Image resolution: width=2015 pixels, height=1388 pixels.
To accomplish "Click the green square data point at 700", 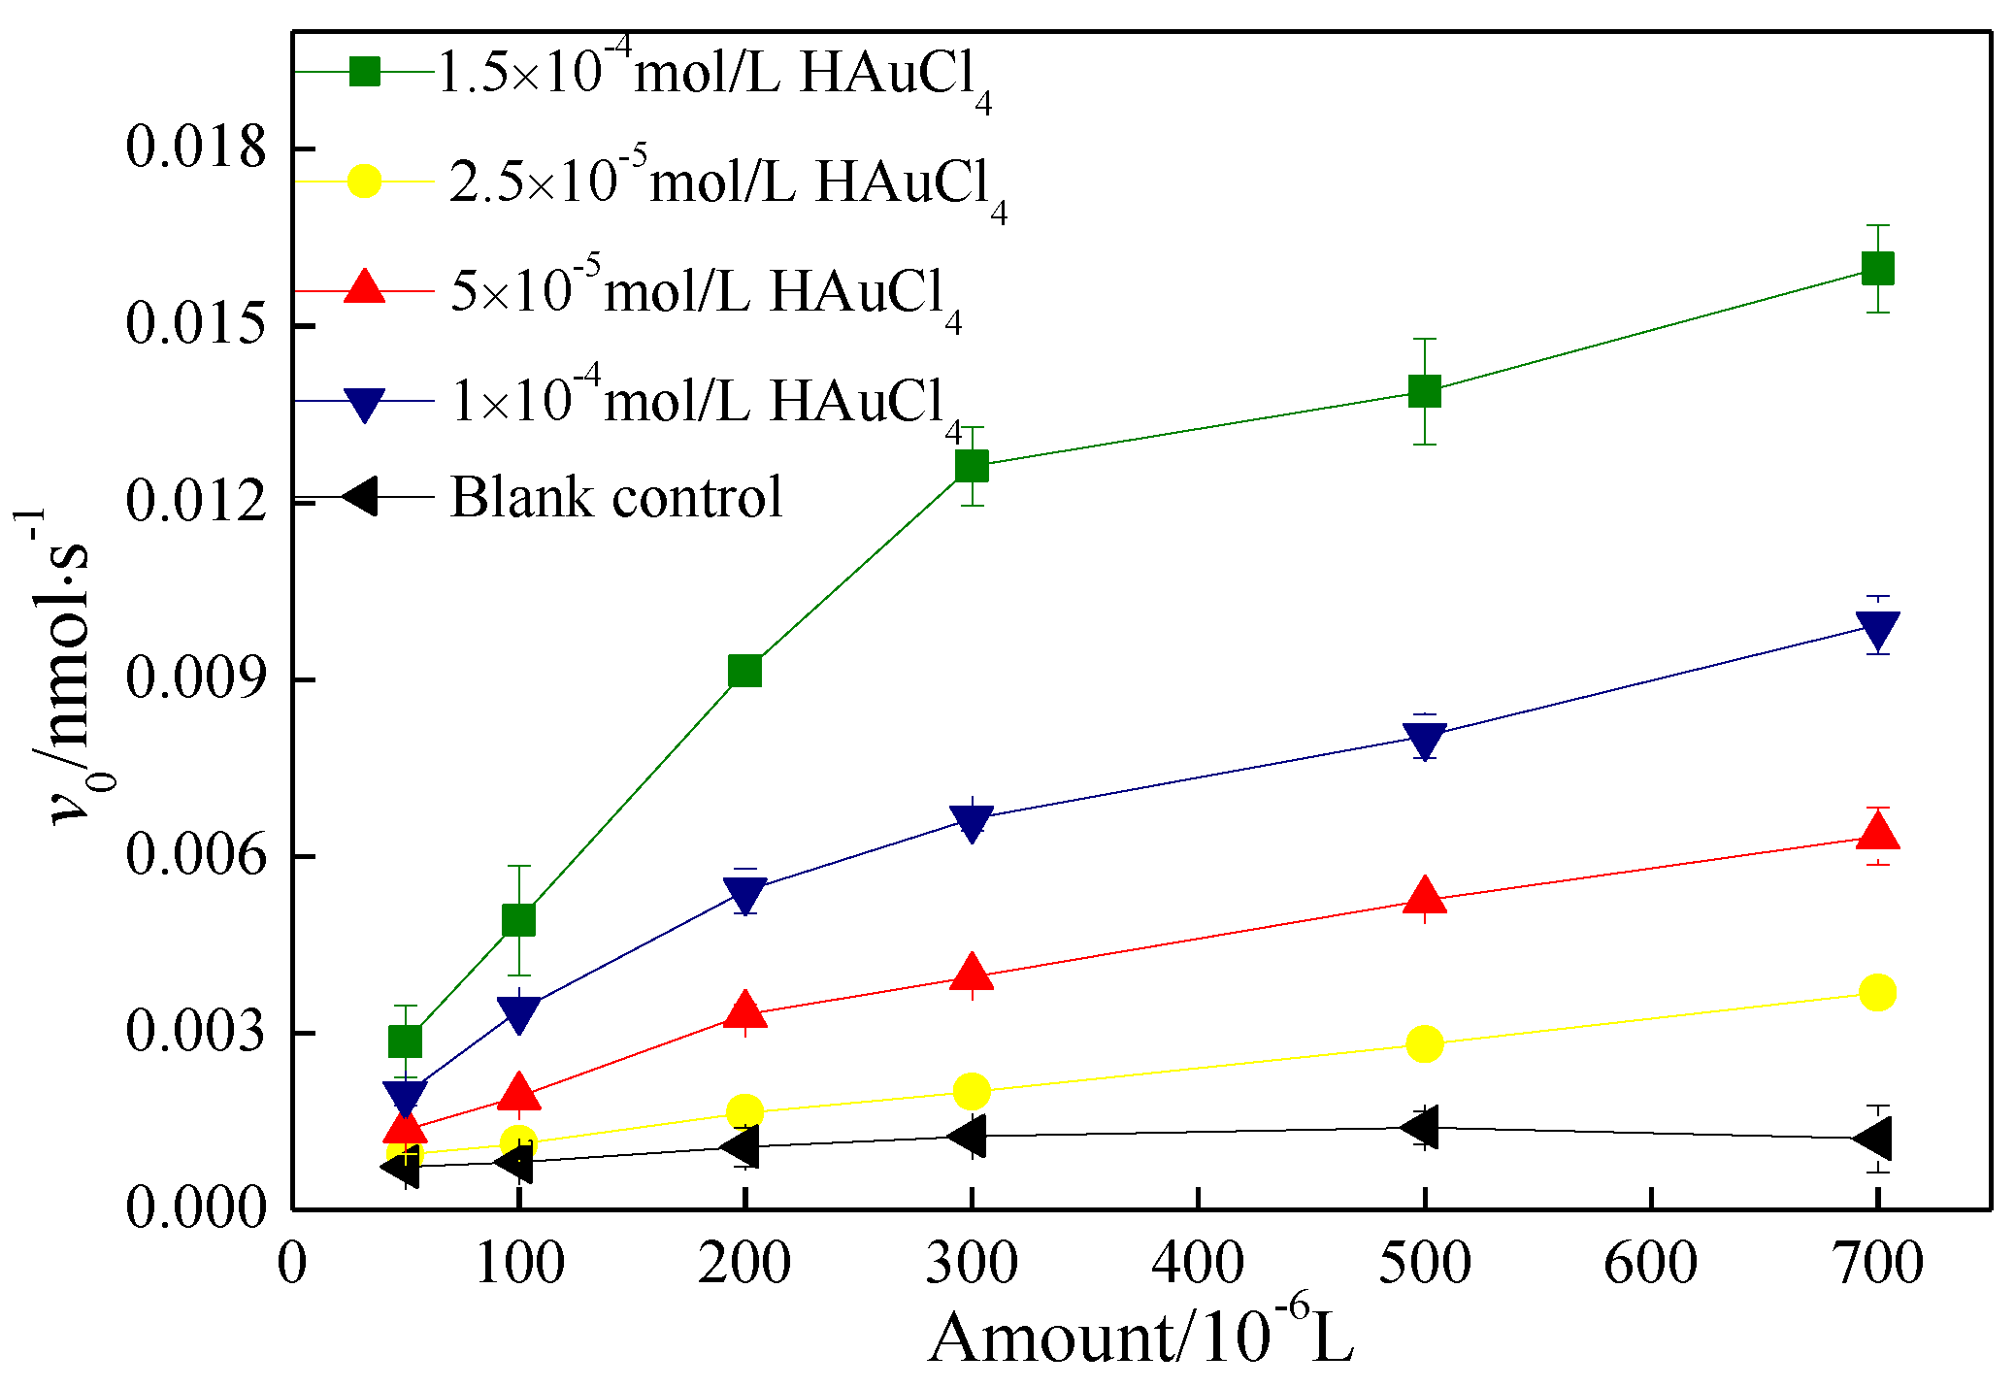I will pos(1877,268).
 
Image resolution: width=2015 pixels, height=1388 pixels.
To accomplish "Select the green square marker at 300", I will pos(972,466).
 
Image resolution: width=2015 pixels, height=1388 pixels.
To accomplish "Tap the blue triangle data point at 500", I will pos(1424,739).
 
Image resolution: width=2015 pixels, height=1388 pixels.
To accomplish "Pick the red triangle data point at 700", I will pos(1877,833).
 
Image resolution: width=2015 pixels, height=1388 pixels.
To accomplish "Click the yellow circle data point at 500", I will pos(1424,1043).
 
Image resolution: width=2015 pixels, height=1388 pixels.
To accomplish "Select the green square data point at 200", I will pos(744,671).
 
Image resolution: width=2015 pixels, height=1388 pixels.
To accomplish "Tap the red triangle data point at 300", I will pos(972,973).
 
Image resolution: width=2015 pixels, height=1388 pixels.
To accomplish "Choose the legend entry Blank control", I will pos(615,497).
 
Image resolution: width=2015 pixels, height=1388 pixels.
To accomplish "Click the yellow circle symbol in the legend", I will pos(364,181).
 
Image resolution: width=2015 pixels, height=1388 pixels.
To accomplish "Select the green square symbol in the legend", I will pos(364,72).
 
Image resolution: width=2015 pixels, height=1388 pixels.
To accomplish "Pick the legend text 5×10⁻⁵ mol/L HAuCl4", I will pos(705,291).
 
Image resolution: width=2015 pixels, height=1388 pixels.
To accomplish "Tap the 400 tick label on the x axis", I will pos(1198,1263).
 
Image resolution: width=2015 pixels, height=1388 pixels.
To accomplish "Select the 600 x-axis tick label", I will pos(1650,1263).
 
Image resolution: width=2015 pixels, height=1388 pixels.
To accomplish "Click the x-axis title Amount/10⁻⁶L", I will pos(1140,1338).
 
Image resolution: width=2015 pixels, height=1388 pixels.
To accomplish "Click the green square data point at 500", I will pos(1424,391).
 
